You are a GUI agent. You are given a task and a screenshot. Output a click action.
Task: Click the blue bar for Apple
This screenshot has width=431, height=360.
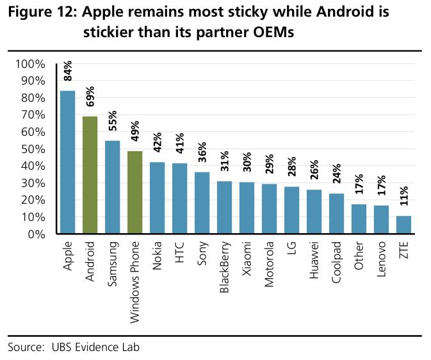tap(68, 162)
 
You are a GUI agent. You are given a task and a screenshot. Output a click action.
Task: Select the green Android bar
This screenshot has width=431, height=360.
tap(90, 175)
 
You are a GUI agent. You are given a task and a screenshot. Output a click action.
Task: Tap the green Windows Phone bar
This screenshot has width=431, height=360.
tap(135, 193)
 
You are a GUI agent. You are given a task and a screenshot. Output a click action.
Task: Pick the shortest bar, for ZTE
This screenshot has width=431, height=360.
tap(403, 225)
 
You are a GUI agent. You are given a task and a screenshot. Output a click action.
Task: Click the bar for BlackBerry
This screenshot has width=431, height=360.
tap(225, 208)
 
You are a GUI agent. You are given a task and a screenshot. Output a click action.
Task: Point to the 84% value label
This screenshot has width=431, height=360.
tap(68, 71)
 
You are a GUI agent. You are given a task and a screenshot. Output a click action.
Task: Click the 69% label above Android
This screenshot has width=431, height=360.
tap(90, 96)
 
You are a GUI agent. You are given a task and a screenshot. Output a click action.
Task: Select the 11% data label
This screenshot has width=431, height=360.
tap(404, 196)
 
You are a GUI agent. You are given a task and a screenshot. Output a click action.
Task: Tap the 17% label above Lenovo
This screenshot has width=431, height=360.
tap(382, 185)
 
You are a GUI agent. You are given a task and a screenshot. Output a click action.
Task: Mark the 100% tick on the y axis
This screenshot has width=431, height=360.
tap(30, 64)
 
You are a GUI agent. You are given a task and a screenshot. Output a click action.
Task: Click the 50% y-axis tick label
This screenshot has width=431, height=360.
tap(33, 149)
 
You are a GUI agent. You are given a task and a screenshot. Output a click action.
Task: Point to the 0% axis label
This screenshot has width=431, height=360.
tap(37, 234)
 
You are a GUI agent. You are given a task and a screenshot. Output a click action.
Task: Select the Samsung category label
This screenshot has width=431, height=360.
tap(113, 264)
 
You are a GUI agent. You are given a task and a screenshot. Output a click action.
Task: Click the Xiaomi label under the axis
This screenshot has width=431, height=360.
tap(247, 259)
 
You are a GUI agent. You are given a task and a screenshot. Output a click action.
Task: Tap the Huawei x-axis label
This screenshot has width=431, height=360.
tap(314, 260)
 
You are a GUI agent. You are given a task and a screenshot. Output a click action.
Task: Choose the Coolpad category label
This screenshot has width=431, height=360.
tap(336, 262)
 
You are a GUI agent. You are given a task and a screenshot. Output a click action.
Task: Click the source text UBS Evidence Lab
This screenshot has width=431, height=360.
tap(95, 347)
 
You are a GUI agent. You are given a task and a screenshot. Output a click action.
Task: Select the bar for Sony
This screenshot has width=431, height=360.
tap(202, 203)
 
